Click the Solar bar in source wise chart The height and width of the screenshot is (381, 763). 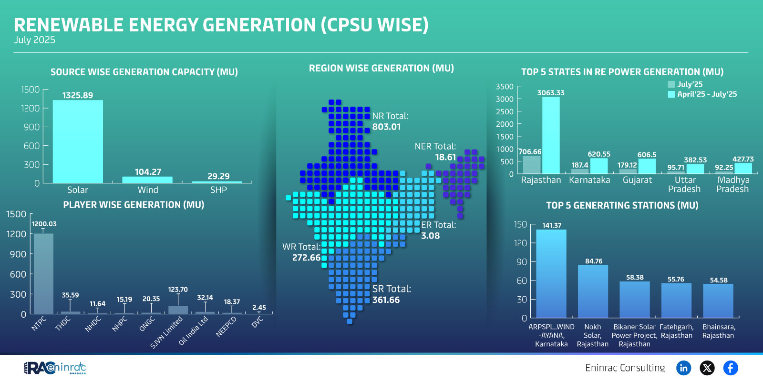(x=78, y=141)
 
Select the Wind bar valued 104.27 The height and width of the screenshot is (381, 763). (x=147, y=180)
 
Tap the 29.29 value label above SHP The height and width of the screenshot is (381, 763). (x=218, y=176)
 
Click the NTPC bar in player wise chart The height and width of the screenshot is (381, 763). (x=43, y=273)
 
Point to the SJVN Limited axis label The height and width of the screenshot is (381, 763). (x=166, y=332)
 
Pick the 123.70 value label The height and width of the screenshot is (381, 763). (x=178, y=290)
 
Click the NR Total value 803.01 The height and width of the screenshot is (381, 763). (x=386, y=127)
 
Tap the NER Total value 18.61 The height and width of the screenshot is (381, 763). (x=445, y=157)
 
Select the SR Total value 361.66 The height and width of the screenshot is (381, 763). (x=386, y=300)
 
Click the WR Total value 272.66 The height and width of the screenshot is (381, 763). (x=306, y=258)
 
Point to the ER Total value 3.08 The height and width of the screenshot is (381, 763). (x=430, y=236)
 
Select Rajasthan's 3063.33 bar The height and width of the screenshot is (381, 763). (x=551, y=135)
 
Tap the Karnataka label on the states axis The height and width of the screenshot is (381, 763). (x=589, y=180)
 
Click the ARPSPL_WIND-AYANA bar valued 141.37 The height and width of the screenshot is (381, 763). (x=551, y=273)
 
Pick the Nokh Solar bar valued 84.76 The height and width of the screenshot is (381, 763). (x=593, y=291)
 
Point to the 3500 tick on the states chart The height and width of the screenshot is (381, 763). (x=505, y=87)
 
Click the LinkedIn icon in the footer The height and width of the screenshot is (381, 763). (x=684, y=368)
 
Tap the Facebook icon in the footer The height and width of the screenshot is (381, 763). (x=731, y=368)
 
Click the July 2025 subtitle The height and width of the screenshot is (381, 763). (x=34, y=40)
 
